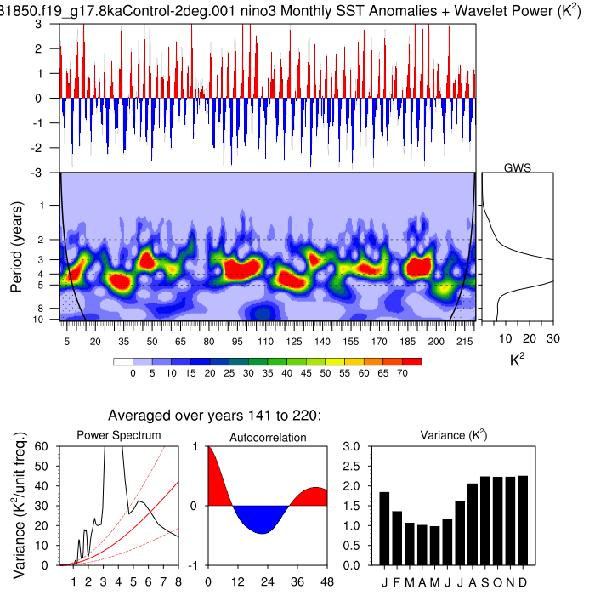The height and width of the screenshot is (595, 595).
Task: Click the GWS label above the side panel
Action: (x=516, y=167)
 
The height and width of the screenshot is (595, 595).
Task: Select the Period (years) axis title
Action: (x=16, y=246)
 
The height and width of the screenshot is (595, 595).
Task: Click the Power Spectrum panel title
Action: (x=119, y=436)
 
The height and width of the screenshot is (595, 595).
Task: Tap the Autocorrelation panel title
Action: (x=268, y=437)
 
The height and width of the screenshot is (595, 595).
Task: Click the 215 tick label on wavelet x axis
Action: (x=465, y=341)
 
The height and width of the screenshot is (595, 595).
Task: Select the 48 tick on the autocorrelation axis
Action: (x=326, y=581)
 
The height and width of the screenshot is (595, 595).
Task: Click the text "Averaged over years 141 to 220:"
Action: (x=214, y=416)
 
